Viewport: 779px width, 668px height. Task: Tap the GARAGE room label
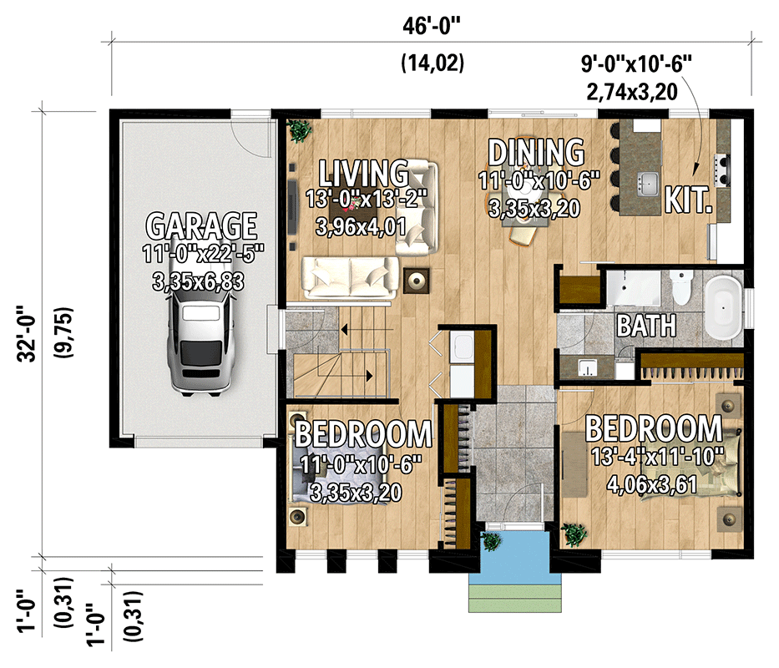coord(201,225)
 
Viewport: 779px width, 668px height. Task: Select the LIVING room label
coord(364,174)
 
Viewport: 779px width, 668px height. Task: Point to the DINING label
coord(536,153)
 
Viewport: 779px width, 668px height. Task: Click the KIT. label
coord(689,200)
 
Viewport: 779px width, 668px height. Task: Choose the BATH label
coord(645,325)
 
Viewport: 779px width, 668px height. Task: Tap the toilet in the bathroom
coord(681,288)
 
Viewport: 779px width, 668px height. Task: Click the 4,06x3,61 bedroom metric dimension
coord(652,484)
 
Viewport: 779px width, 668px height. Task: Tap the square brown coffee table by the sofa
coord(415,280)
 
